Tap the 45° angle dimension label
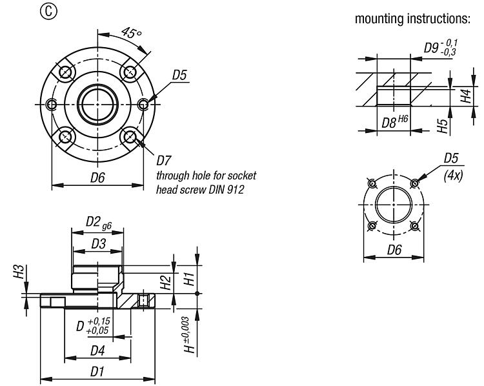coord(130,30)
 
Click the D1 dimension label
coord(97,372)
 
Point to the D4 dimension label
coord(97,350)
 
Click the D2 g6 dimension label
coord(99,221)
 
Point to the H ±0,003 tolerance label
coord(186,334)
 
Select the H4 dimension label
coord(464,97)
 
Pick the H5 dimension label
coord(443,125)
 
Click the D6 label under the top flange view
coord(97,178)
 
